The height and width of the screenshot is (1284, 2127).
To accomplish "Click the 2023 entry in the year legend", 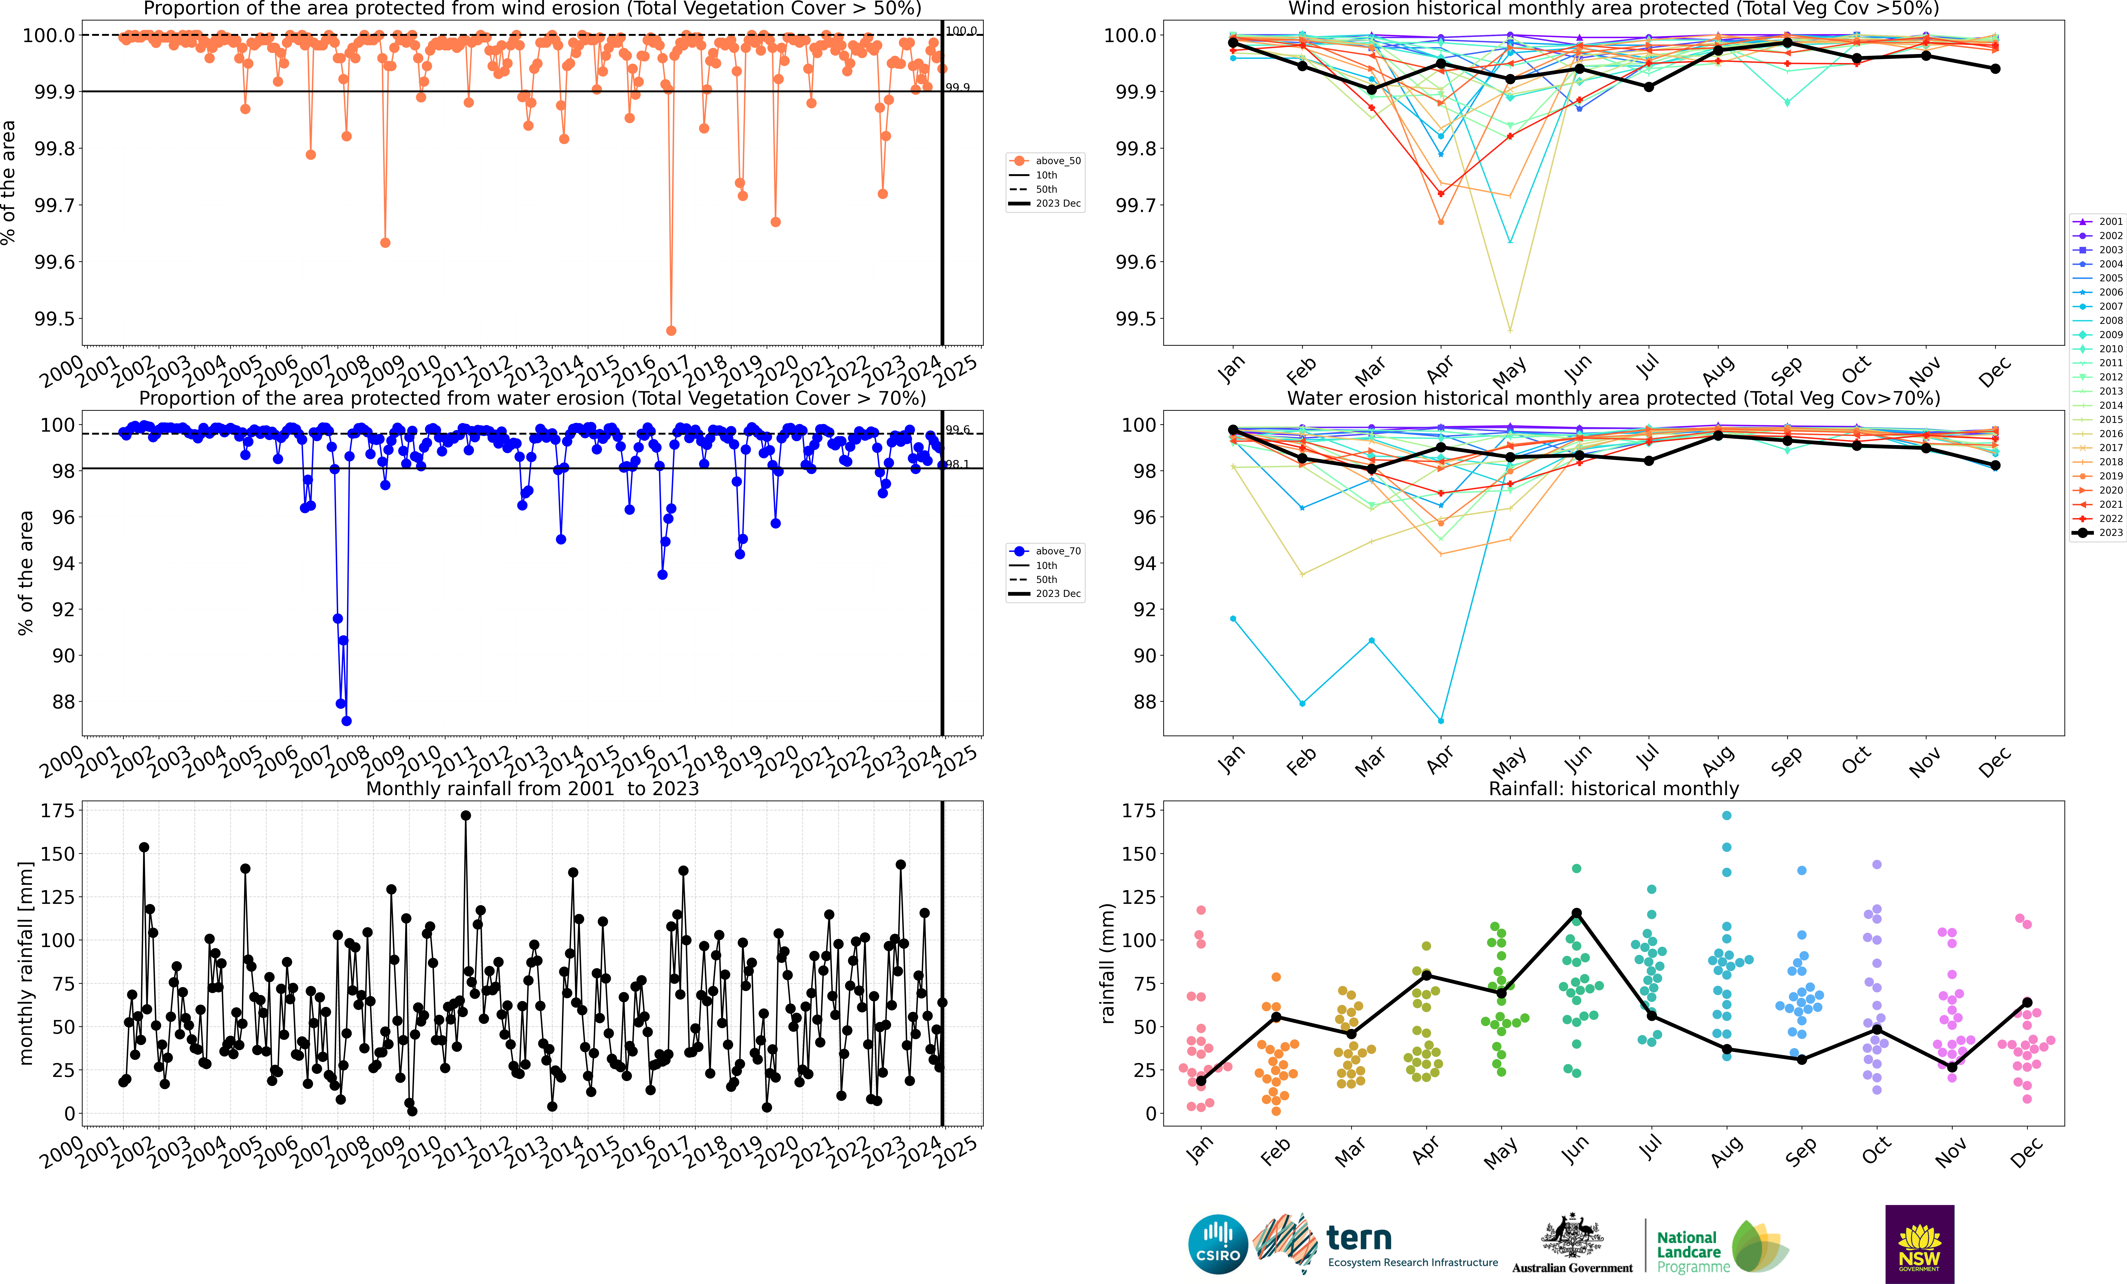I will [x=2099, y=533].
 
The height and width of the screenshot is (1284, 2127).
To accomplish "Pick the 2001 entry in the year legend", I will [x=2099, y=222].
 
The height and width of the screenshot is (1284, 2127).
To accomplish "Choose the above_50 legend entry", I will [x=1046, y=161].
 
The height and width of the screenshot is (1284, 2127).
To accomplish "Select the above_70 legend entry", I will [x=1046, y=551].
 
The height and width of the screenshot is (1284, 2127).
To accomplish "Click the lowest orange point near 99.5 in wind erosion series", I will [x=671, y=331].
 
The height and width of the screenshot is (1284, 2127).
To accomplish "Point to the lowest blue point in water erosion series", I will [x=346, y=721].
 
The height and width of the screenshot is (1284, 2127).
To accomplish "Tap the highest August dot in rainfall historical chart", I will [x=1726, y=815].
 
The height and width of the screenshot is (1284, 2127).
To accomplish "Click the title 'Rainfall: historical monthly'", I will [x=1613, y=788].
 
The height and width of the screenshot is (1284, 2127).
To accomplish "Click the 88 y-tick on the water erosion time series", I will [x=64, y=702].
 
